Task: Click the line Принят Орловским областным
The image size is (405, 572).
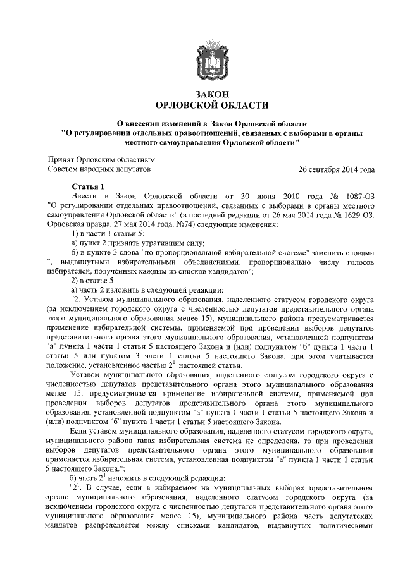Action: tap(102, 160)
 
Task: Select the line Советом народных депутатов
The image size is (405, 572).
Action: tap(101, 169)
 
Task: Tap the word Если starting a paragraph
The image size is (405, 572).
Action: tap(78, 430)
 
